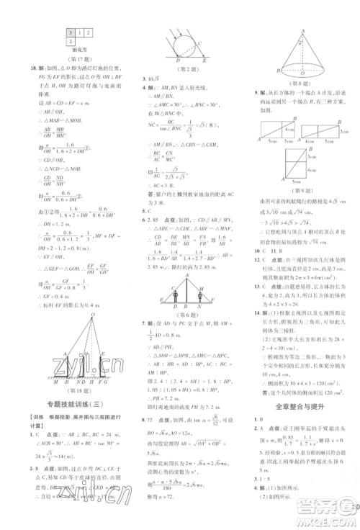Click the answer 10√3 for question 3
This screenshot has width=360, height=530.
point(148,78)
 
